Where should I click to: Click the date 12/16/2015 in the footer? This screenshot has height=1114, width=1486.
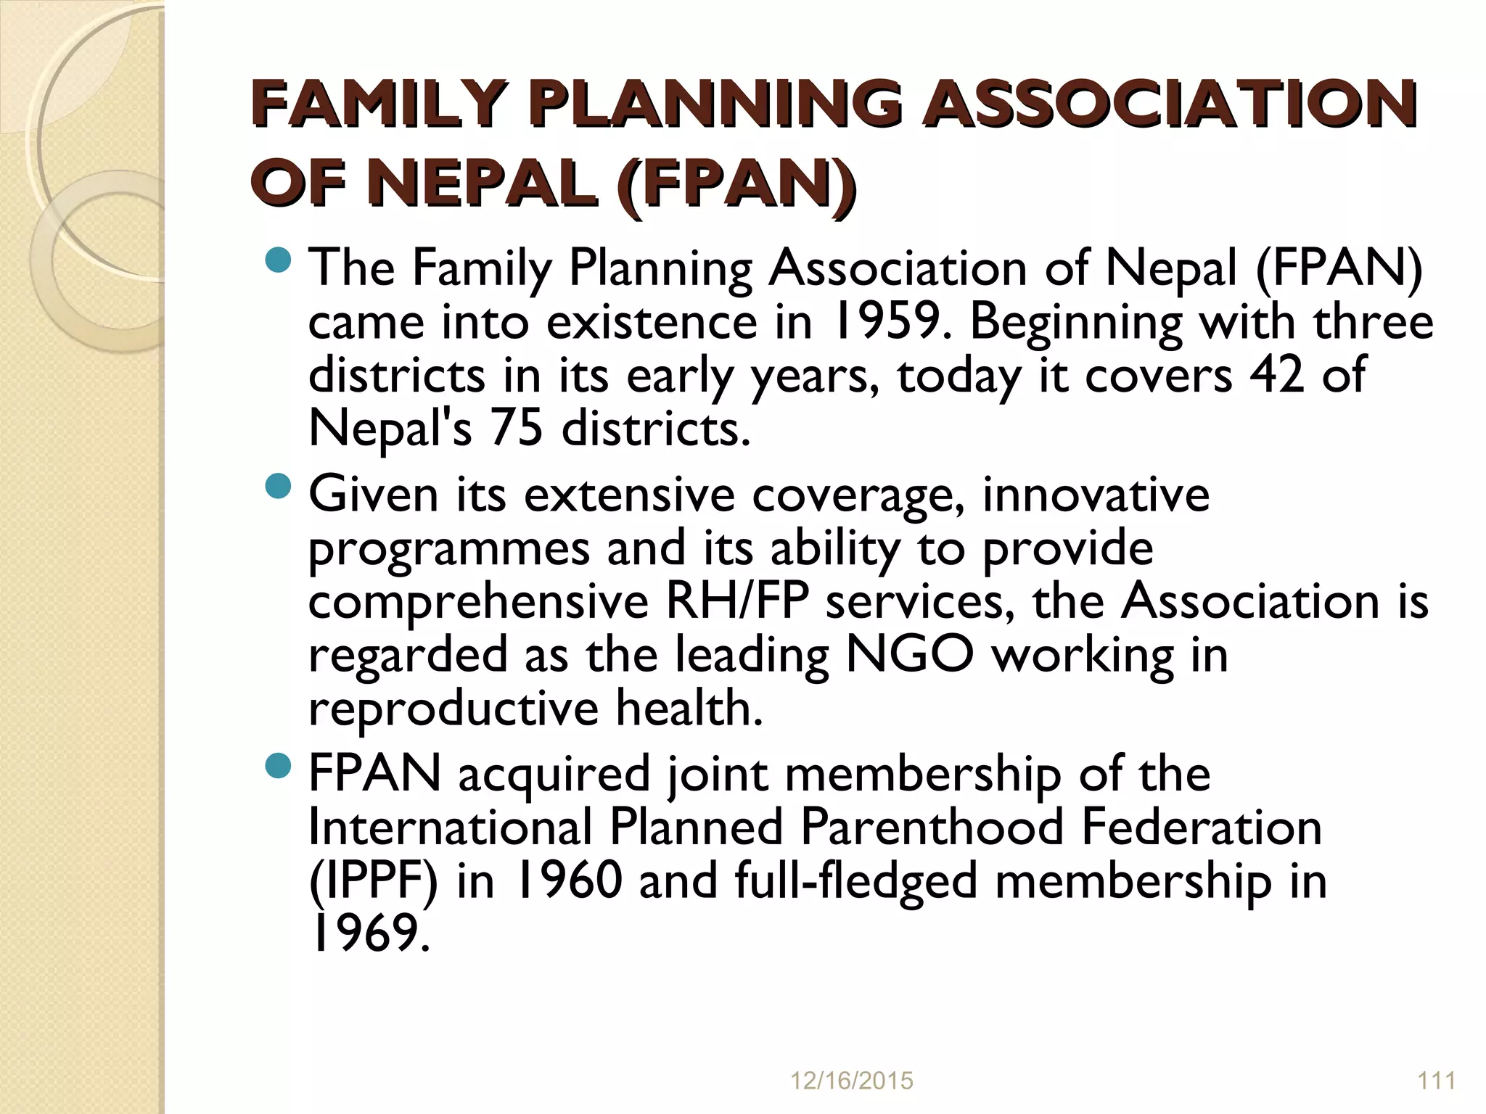850,1081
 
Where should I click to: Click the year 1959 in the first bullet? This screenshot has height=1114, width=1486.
888,322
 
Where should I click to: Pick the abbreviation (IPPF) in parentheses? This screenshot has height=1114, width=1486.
374,881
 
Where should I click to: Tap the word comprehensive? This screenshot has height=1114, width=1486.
478,601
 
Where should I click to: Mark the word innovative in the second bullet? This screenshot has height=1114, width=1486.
1096,495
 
